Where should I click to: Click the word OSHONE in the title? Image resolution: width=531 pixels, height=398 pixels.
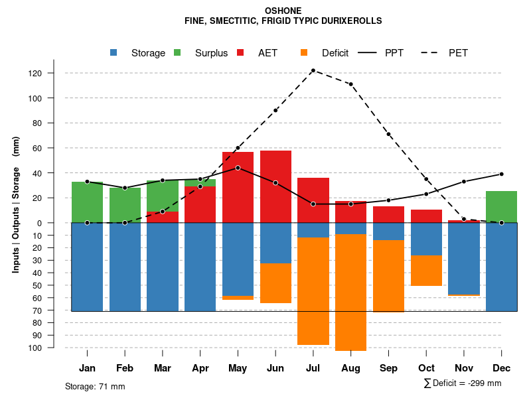283,11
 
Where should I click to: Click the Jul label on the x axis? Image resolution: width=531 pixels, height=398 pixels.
313,368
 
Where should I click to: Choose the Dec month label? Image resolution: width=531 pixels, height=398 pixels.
501,368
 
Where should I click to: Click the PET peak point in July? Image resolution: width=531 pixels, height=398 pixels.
313,70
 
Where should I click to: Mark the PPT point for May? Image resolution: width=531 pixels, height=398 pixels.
238,168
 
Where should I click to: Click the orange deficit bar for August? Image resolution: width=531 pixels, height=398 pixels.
350,292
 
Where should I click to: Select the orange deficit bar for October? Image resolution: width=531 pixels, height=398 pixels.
426,271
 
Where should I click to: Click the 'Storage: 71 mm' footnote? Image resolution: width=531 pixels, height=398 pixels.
95,386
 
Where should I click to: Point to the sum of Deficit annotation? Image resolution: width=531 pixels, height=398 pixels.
462,383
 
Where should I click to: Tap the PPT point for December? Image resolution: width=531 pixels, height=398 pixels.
501,174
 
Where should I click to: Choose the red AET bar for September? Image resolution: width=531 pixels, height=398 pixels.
388,214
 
